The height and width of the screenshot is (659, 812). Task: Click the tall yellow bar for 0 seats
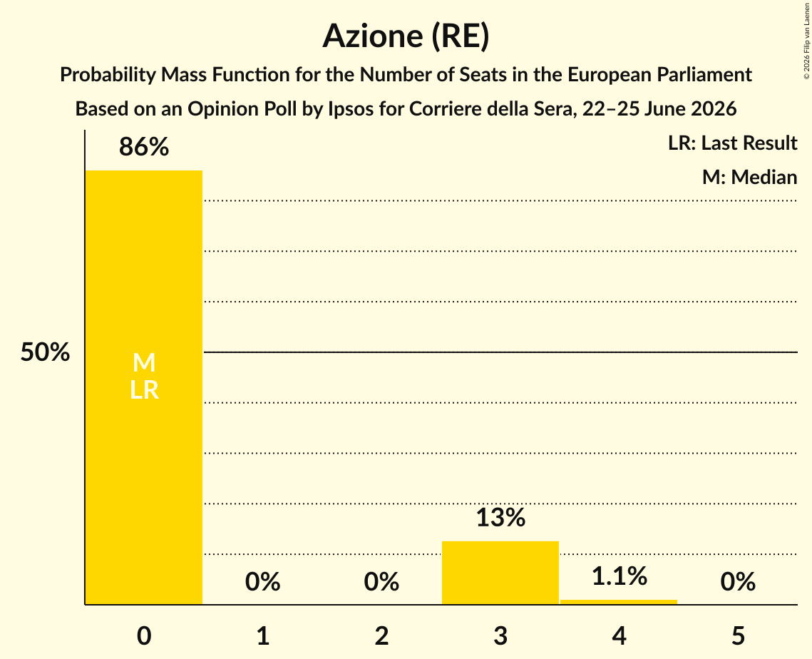coord(144,387)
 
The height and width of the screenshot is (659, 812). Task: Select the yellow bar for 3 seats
coord(500,573)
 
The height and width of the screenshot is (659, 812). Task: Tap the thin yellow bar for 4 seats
coord(619,602)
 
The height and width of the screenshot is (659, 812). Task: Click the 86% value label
coord(144,147)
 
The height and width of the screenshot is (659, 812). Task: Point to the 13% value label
coord(500,518)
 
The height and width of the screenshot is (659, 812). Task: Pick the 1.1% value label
coord(619,576)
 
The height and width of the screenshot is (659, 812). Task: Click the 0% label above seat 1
coord(262,582)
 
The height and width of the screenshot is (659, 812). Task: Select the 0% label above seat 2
coord(381,582)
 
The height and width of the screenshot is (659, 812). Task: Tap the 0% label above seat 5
coord(738,582)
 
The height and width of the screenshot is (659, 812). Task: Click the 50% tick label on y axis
coord(45,352)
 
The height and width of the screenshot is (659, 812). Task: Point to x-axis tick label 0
coord(144,635)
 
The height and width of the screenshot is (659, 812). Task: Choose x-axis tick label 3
coord(500,635)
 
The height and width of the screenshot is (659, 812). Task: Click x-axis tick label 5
coord(738,635)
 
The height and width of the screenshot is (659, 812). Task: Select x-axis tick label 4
coord(619,635)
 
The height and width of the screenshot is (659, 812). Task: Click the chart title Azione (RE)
coord(406,36)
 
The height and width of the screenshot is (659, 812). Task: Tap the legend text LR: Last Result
coord(732,143)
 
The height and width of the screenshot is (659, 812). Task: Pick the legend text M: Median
coord(749,177)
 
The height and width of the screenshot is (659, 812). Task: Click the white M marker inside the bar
coord(144,362)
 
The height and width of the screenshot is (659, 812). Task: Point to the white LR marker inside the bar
coord(144,390)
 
